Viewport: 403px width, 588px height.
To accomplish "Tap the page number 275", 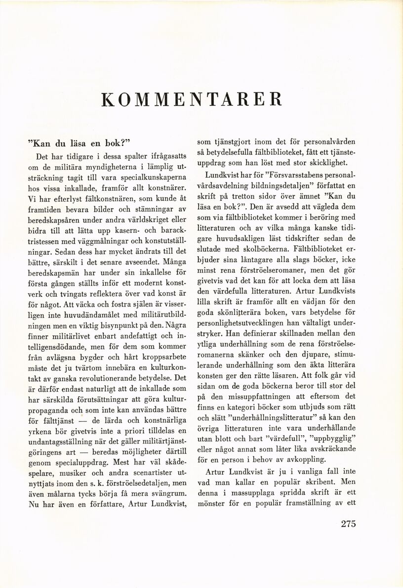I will (x=348, y=524).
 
